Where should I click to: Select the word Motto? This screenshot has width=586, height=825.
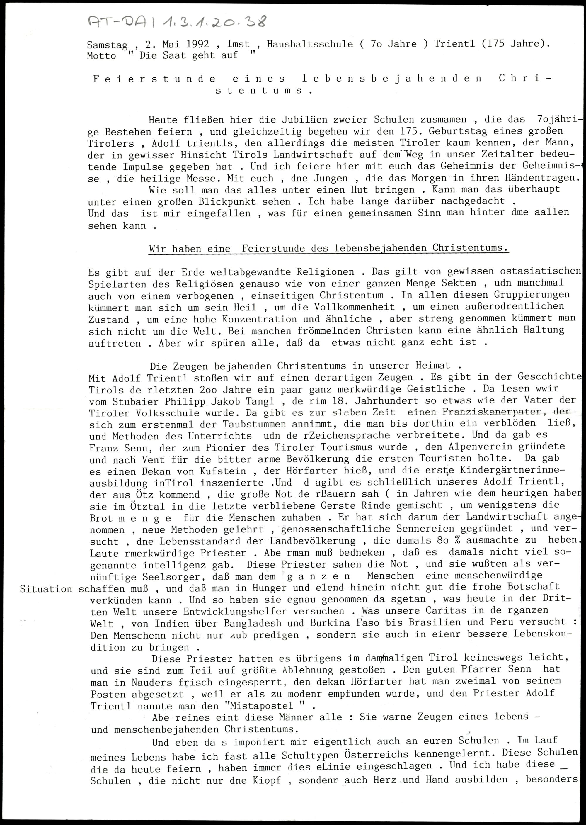click(101, 56)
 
